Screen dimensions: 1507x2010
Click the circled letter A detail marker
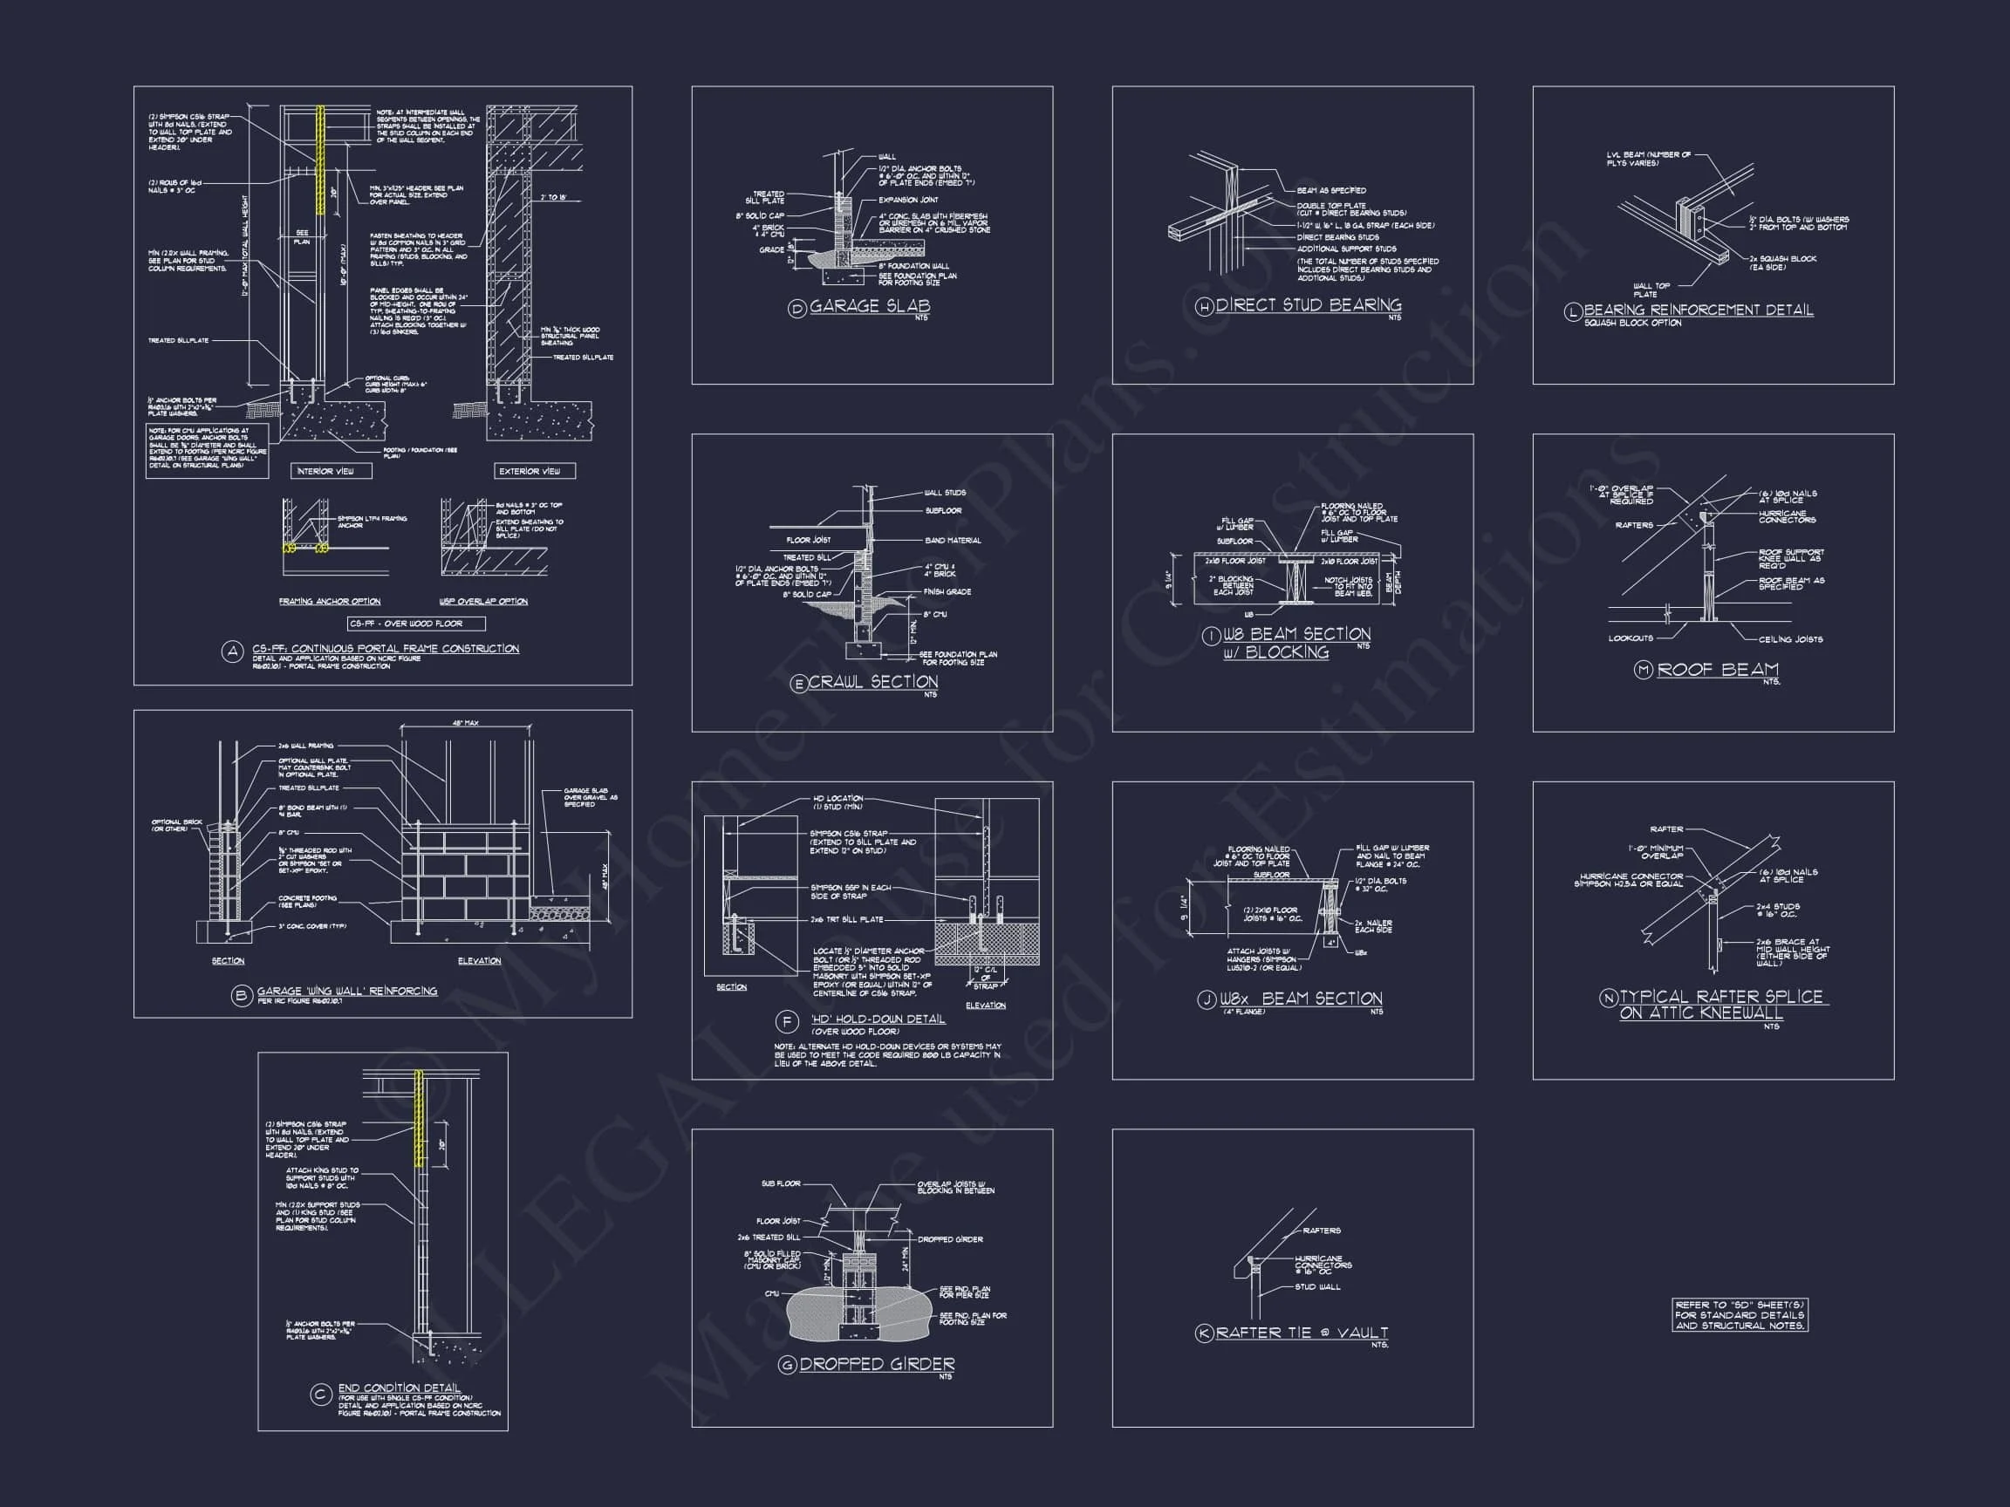[233, 651]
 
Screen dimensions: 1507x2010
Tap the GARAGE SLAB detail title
[869, 306]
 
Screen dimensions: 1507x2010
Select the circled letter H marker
[1204, 308]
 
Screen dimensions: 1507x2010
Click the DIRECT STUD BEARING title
[1308, 305]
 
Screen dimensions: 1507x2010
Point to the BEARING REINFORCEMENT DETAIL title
[1698, 310]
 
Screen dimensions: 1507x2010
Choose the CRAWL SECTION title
[872, 682]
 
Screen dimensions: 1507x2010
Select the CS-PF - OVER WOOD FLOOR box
[417, 624]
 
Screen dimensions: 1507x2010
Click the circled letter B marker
[241, 996]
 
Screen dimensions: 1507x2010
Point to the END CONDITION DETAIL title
[399, 1388]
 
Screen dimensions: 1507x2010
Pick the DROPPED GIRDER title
[877, 1363]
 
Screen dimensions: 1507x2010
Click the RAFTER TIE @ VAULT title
[1302, 1333]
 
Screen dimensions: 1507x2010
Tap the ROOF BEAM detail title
[1718, 670]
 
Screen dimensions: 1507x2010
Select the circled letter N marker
[1608, 998]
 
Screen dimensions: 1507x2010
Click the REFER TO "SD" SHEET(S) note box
[1740, 1314]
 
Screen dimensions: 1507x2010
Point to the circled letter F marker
[786, 1022]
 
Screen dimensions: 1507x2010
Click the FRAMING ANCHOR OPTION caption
[329, 602]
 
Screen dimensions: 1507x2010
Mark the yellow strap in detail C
[420, 1117]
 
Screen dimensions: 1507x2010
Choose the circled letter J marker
[1206, 1000]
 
